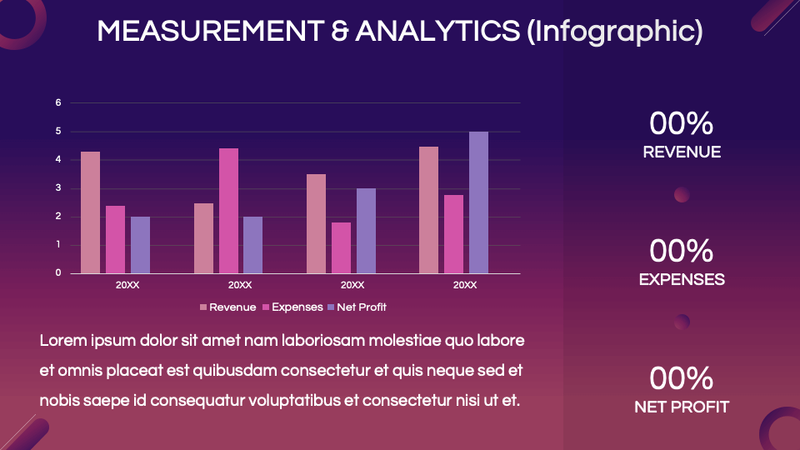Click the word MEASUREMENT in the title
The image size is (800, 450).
(210, 31)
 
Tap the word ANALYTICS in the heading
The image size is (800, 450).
(437, 31)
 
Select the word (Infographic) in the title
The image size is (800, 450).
(615, 32)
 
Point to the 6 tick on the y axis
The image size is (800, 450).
(58, 102)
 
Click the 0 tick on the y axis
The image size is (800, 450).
(58, 272)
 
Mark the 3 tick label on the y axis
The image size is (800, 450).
(58, 187)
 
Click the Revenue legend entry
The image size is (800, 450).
(228, 307)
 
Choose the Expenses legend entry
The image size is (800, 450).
(292, 307)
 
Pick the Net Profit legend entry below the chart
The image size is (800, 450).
(357, 307)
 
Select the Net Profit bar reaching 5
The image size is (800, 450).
(478, 202)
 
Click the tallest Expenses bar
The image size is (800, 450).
(228, 211)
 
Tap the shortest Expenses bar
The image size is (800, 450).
(342, 248)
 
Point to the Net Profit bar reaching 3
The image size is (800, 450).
(367, 231)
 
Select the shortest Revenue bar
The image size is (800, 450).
(203, 238)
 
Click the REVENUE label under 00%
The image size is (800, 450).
(682, 152)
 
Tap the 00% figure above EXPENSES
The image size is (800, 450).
(682, 251)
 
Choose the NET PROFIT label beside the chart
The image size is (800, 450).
(682, 407)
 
